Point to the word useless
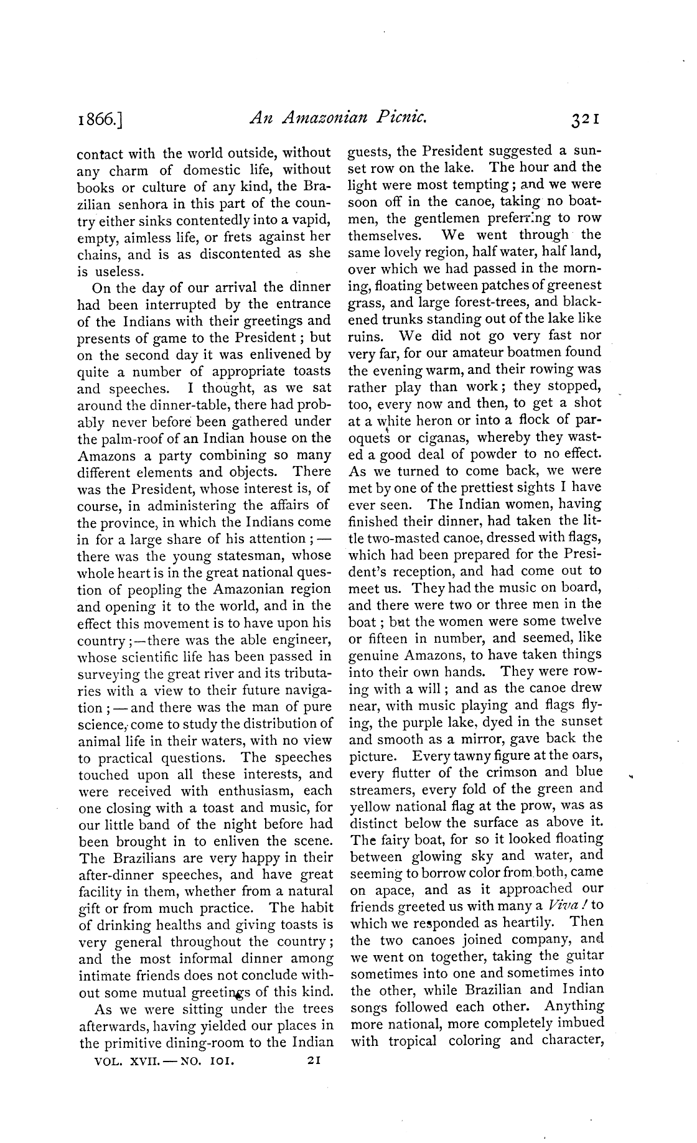[x=119, y=271]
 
